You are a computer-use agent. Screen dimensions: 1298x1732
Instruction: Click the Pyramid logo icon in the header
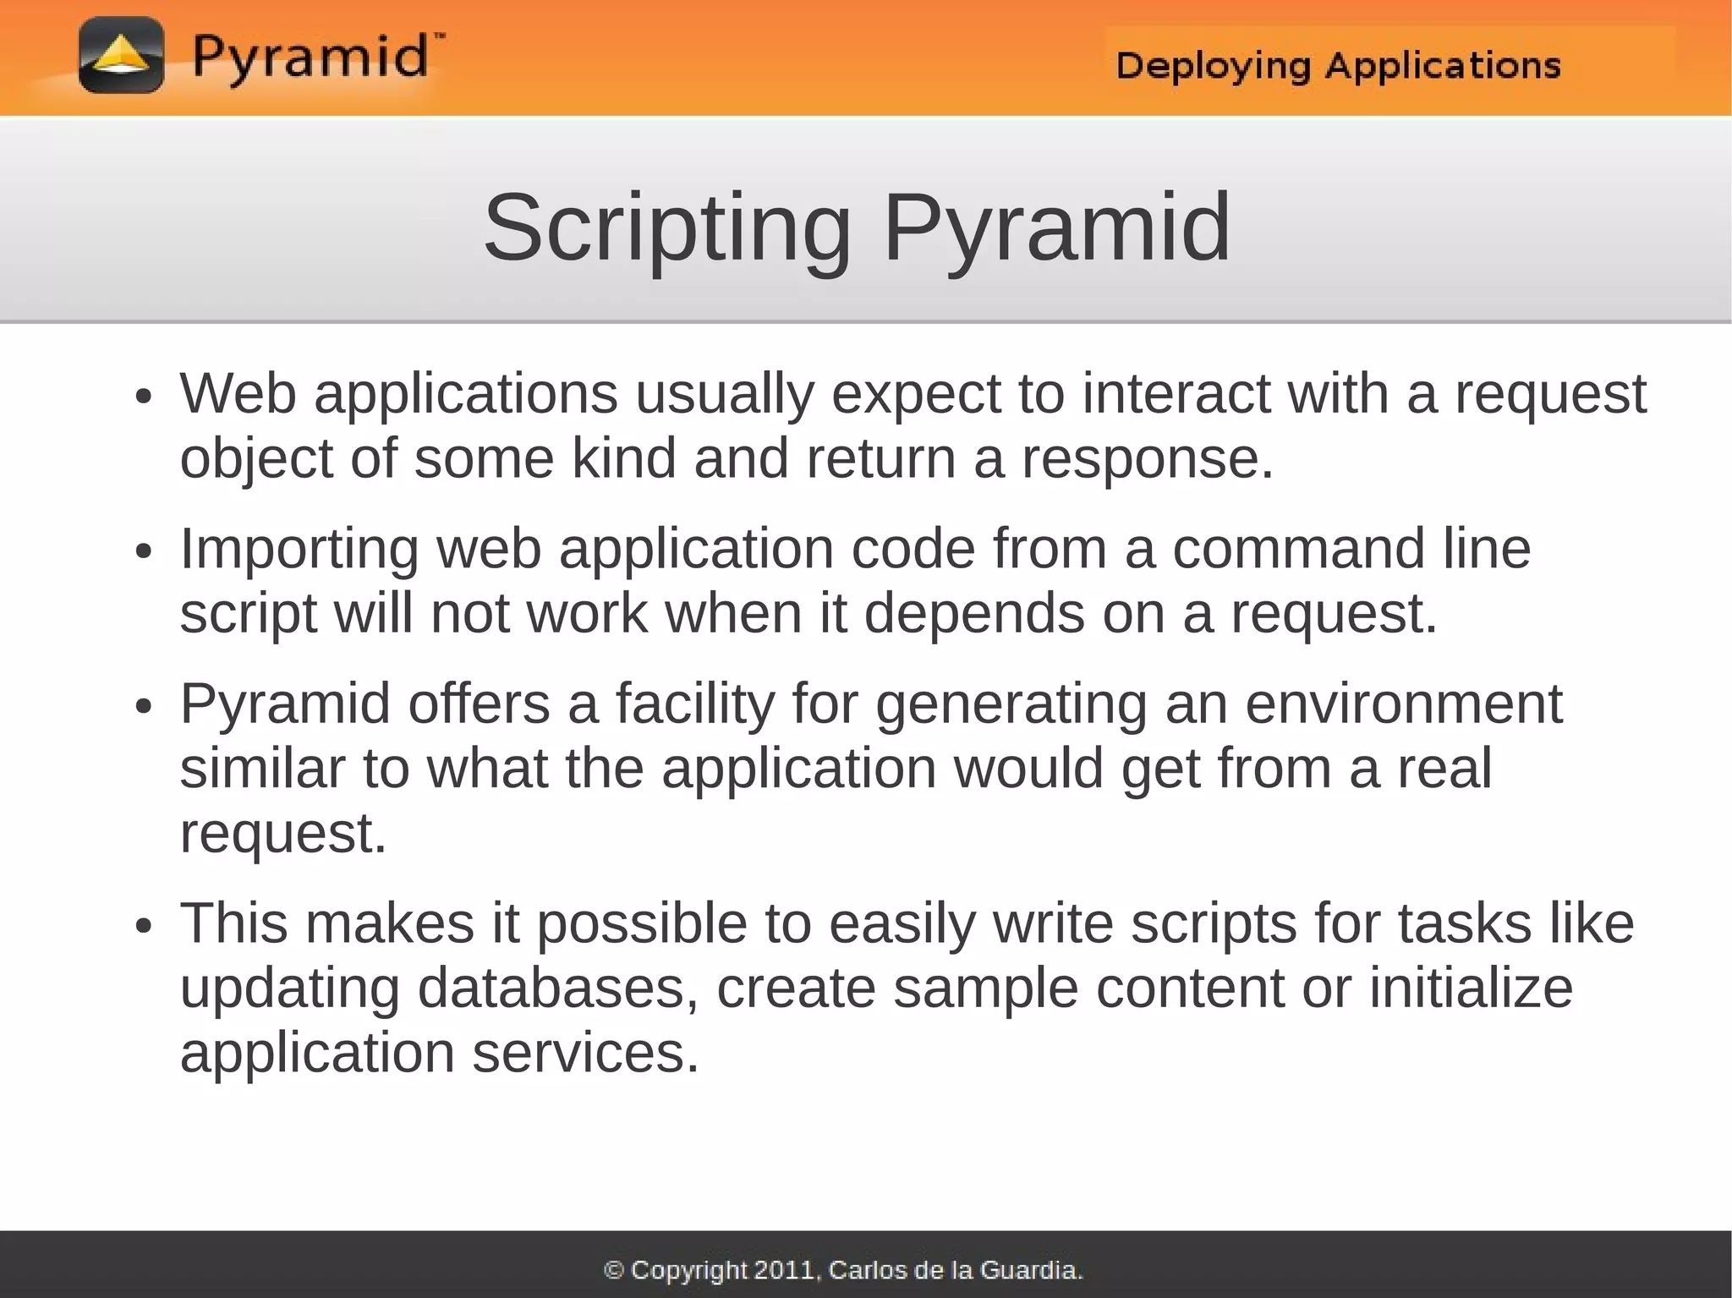click(121, 55)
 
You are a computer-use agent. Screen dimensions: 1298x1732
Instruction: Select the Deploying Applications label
click(1338, 66)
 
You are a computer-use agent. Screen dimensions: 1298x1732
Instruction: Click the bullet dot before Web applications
click(144, 397)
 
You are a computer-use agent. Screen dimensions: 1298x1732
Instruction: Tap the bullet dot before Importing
click(144, 551)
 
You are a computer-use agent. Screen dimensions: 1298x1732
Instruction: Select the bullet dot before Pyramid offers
click(144, 706)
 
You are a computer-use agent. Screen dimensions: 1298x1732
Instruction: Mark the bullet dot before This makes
click(144, 925)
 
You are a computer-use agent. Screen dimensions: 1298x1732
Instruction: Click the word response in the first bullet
click(1147, 459)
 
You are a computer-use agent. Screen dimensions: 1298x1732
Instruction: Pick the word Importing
click(299, 550)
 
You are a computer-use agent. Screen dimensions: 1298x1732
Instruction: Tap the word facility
click(694, 704)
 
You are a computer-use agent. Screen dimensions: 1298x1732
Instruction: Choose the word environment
click(1403, 704)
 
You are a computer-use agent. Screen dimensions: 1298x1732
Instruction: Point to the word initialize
click(1471, 988)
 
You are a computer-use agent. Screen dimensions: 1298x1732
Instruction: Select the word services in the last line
click(585, 1054)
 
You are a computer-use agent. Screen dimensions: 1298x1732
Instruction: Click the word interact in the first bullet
click(1176, 394)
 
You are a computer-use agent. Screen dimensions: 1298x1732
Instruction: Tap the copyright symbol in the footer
click(615, 1269)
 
